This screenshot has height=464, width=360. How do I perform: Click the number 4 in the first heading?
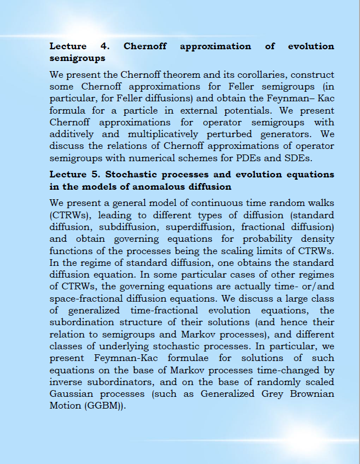pos(104,46)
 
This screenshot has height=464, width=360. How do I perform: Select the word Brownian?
pos(309,393)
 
